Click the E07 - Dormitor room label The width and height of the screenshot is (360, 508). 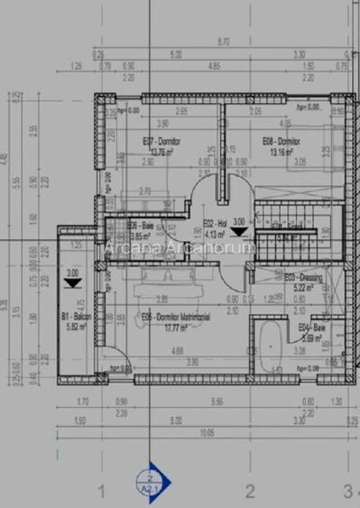[x=162, y=142]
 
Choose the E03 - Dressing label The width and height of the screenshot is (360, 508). [x=302, y=278]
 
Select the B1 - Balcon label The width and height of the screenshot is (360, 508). [x=73, y=318]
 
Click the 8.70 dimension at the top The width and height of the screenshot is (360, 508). [x=223, y=42]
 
